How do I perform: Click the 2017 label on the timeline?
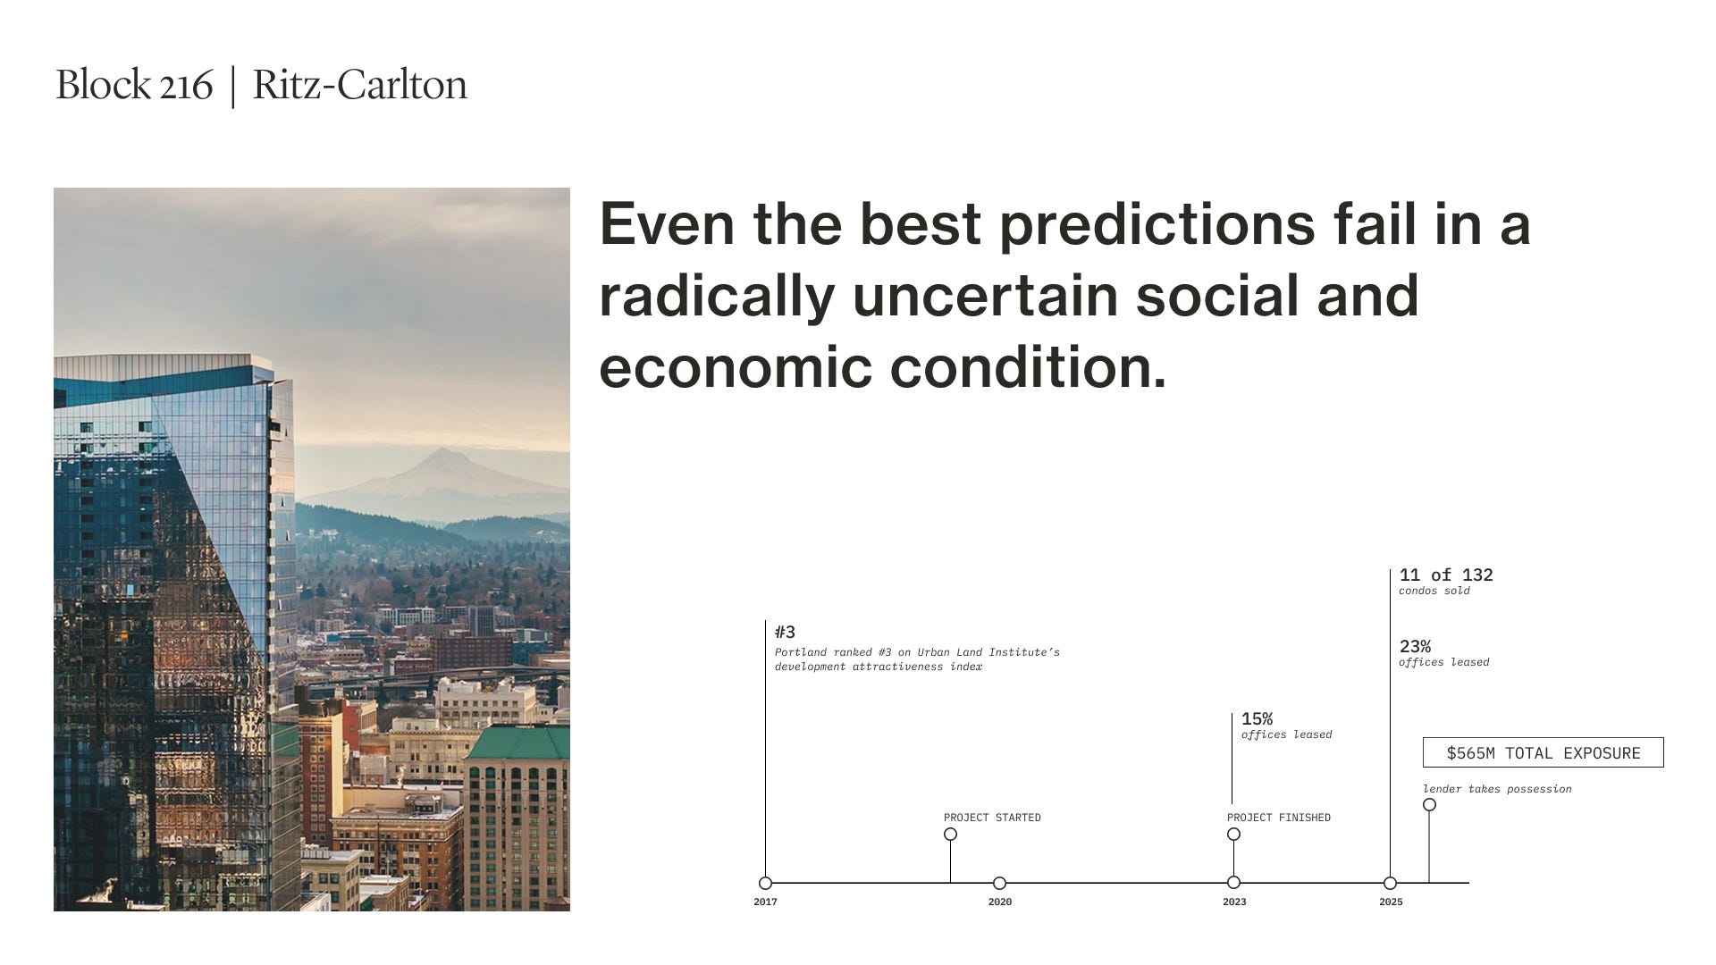click(765, 902)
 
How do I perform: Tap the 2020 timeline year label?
click(1000, 902)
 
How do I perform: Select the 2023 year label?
click(1234, 902)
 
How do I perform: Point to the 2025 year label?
click(1391, 902)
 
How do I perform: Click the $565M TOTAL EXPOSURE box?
click(1544, 752)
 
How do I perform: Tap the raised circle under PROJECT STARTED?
click(950, 834)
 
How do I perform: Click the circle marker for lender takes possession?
click(1429, 804)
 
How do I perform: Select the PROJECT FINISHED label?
click(1279, 818)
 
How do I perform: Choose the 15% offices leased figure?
click(1258, 718)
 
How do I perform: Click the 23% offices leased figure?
click(1415, 646)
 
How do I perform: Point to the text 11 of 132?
click(1446, 575)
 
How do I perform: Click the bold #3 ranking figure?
click(785, 632)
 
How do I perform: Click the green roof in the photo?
click(518, 743)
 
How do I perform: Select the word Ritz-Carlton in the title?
click(360, 85)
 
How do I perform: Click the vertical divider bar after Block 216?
click(233, 87)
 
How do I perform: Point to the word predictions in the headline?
click(1157, 224)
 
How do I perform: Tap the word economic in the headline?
click(735, 367)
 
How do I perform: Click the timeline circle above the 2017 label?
click(765, 883)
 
